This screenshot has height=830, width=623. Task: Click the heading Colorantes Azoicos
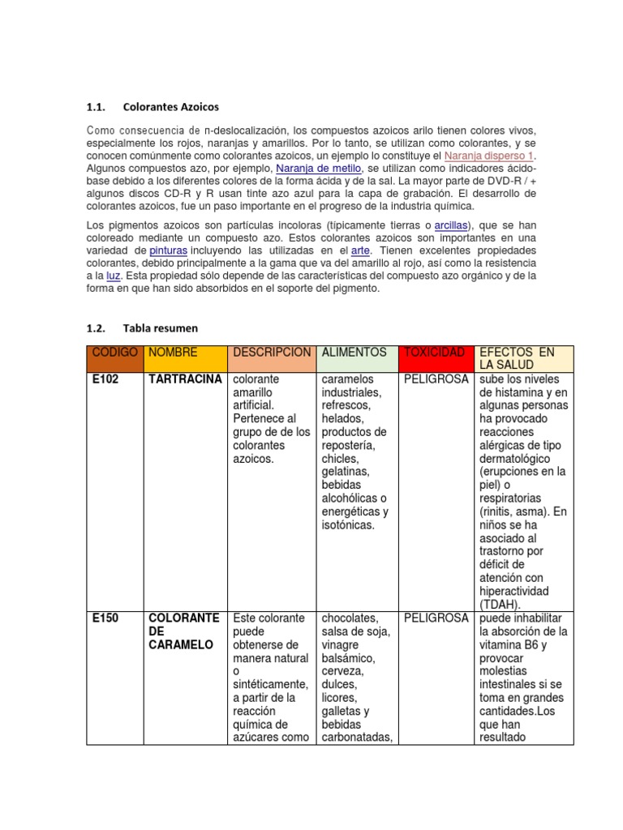(x=170, y=107)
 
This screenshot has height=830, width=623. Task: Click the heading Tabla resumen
(x=160, y=328)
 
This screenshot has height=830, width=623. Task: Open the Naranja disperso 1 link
(x=489, y=155)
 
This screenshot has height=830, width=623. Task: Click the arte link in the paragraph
(x=359, y=251)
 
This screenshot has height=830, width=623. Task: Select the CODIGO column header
(x=114, y=353)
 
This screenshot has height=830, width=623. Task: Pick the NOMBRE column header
(x=173, y=353)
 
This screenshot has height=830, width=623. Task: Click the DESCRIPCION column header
(x=271, y=353)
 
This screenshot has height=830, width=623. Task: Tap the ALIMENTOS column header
(x=354, y=353)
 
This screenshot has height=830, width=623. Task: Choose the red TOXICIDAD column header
(x=434, y=353)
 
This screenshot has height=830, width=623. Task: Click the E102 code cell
(x=105, y=379)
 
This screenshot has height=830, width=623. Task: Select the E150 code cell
(x=105, y=618)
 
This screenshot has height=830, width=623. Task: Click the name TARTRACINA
(x=183, y=379)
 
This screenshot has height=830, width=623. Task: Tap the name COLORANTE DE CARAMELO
(x=183, y=631)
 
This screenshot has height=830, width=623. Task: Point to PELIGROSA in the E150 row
(x=436, y=618)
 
